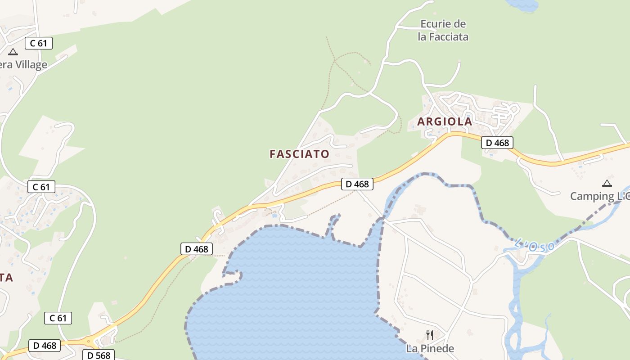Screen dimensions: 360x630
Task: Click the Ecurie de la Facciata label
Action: (443, 30)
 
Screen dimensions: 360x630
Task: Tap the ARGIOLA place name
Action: (445, 121)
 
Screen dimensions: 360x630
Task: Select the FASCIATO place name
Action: (299, 154)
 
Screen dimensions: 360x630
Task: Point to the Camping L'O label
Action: (599, 196)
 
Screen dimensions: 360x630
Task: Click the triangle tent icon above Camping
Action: (607, 183)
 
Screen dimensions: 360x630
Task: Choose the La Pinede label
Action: (430, 348)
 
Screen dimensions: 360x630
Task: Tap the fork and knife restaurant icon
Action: (430, 335)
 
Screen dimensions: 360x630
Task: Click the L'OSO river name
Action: (534, 246)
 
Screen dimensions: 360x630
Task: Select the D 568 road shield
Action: (99, 355)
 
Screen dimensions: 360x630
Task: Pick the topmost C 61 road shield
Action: (39, 43)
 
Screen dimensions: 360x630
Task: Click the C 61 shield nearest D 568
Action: (58, 318)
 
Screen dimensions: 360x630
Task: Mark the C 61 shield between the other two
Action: (41, 187)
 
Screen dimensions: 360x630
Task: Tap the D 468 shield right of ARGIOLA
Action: (497, 143)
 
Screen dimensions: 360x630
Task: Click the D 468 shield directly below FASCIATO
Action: (357, 184)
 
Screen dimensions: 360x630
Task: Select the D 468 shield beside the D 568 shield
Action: (45, 345)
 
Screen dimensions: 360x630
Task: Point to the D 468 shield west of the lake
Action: (197, 249)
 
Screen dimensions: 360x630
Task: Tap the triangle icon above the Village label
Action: (13, 52)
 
